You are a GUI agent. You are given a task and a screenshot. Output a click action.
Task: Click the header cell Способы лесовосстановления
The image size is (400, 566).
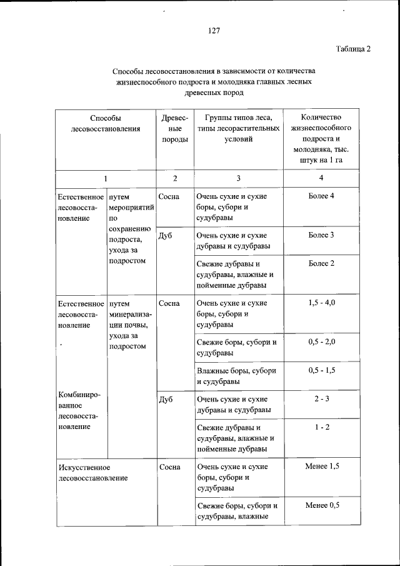(105, 123)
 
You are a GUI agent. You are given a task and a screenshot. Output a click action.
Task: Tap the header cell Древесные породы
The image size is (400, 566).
(175, 128)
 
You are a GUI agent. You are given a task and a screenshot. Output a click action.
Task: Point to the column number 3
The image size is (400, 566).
(239, 178)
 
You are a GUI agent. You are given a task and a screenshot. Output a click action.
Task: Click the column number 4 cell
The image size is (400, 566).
(321, 178)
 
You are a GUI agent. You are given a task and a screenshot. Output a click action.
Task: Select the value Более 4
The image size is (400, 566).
(321, 196)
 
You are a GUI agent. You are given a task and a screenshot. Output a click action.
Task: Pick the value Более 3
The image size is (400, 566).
(321, 235)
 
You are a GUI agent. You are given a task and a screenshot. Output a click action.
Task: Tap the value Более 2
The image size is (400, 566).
(321, 263)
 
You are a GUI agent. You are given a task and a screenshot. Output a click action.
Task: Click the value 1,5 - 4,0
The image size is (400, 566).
(321, 303)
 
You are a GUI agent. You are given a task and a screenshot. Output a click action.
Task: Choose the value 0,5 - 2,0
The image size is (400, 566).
(321, 342)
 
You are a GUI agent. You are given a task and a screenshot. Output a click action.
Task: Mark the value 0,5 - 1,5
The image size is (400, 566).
(321, 370)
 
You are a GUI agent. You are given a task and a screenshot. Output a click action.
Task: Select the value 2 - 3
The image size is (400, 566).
(321, 398)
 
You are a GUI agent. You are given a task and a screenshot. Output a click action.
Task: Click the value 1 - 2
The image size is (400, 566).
(321, 427)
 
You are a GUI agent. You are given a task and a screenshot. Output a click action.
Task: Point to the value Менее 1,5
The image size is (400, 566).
(321, 466)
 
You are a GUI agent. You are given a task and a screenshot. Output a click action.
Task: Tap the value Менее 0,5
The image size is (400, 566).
(321, 505)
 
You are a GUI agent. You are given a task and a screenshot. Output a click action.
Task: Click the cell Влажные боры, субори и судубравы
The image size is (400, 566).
(236, 375)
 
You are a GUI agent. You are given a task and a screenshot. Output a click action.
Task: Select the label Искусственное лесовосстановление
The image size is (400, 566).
(92, 472)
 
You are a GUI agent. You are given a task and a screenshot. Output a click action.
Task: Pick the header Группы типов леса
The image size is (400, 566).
(238, 118)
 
